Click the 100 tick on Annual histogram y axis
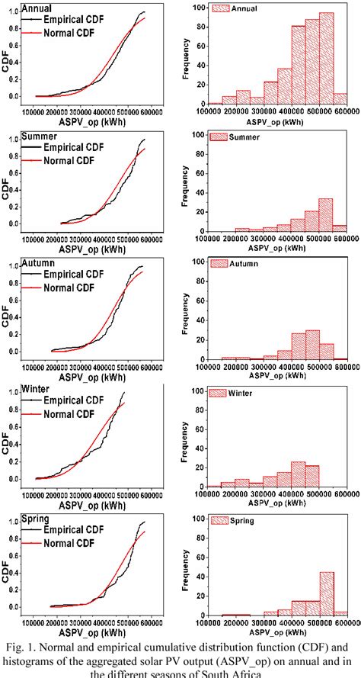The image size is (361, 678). [197, 8]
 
